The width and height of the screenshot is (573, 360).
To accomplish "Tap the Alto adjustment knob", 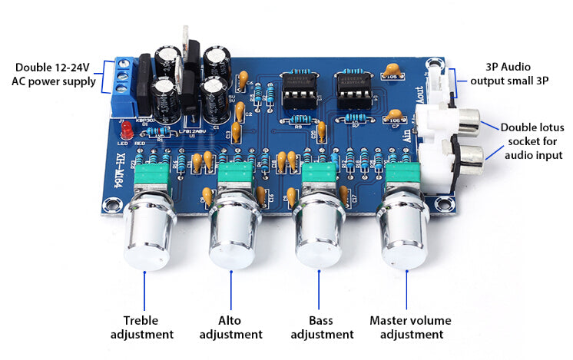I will pos(231,234).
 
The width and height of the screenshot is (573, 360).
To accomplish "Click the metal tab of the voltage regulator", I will pos(187,41).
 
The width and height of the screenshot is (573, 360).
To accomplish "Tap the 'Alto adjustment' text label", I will pos(231,327).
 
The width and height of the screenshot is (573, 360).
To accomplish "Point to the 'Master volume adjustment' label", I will pos(410,327).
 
